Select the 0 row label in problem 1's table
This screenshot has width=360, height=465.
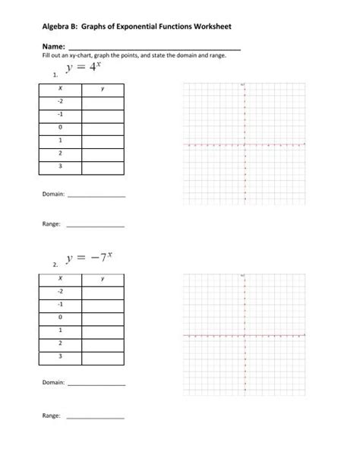[x=59, y=128]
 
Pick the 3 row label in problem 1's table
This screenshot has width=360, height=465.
[x=59, y=166]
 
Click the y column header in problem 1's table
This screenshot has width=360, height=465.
[x=103, y=89]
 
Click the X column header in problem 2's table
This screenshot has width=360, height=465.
[x=59, y=279]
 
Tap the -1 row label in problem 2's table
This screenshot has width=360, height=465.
[x=59, y=305]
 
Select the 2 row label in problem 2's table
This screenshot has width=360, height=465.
[x=59, y=343]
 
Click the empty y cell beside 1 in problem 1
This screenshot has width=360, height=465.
[x=103, y=140]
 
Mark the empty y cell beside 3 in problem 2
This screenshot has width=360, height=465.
[x=103, y=356]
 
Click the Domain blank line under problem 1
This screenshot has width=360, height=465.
[x=96, y=196]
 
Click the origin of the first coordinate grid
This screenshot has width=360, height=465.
[x=245, y=144]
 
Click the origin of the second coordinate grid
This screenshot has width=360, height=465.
[x=245, y=335]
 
